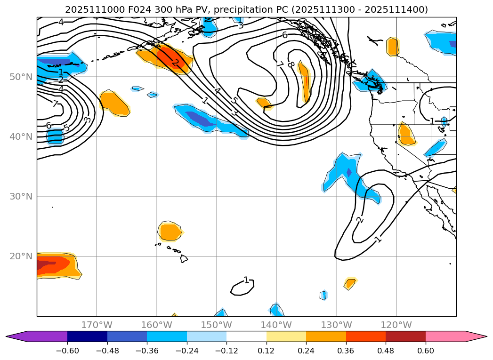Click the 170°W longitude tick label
click(97, 325)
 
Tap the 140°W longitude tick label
click(276, 325)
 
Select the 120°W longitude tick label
click(396, 325)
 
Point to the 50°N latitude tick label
click(21, 77)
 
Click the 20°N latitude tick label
click(21, 256)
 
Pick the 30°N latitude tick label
click(21, 197)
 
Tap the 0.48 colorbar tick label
click(386, 350)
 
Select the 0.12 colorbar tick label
click(266, 350)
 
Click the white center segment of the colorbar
click(246, 336)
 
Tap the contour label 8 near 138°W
click(291, 64)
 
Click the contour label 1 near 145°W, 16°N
click(246, 280)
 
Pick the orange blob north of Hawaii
click(170, 232)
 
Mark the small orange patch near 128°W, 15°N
click(350, 283)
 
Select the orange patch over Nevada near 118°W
click(405, 134)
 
